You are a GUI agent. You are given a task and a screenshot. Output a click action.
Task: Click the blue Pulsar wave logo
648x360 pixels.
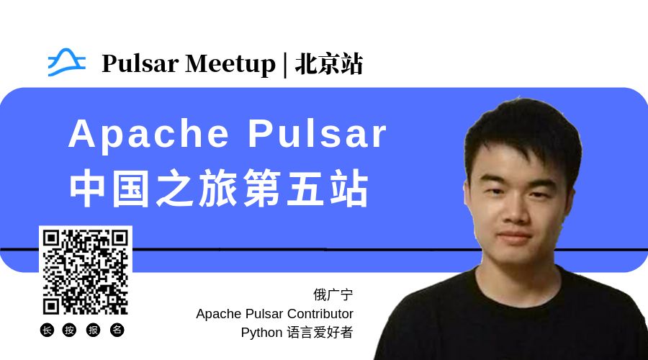point(66,63)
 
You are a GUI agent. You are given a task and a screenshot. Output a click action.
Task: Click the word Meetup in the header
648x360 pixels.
point(230,64)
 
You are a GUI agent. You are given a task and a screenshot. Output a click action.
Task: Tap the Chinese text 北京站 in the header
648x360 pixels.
point(329,64)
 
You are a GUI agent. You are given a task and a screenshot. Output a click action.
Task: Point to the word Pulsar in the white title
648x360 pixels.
point(317,133)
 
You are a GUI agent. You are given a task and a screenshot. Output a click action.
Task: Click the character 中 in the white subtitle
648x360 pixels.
point(87,189)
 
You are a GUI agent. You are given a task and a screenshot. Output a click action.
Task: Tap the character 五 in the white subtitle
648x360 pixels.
point(305,189)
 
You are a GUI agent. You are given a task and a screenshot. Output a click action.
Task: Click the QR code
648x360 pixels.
point(86,272)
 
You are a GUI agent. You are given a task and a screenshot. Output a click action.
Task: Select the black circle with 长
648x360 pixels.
point(47,330)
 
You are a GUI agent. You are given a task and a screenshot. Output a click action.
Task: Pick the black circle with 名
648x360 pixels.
point(117,330)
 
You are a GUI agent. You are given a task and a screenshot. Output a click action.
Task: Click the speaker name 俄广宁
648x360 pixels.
point(333,294)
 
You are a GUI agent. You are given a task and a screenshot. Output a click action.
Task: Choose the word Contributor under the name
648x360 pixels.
point(320,314)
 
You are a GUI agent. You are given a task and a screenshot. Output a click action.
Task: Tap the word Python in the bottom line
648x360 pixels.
point(261,333)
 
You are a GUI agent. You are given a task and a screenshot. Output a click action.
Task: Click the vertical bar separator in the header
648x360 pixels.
point(285,65)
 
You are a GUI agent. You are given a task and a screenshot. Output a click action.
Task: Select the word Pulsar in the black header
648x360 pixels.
point(140,63)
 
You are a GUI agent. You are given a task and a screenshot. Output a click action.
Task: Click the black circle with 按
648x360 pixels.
point(69,330)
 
